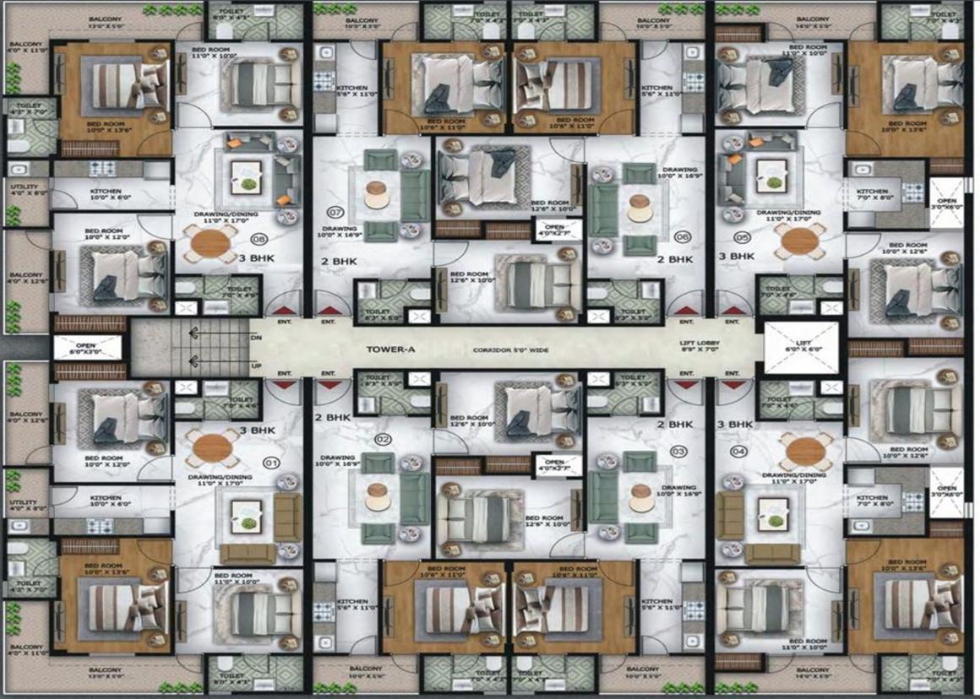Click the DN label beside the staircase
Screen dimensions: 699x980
[255, 338]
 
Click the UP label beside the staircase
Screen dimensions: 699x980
[255, 365]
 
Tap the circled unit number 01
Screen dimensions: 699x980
[272, 463]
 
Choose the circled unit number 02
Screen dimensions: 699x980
[383, 439]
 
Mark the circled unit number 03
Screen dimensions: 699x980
[678, 452]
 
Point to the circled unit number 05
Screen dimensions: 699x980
[742, 237]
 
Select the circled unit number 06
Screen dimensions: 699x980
[683, 236]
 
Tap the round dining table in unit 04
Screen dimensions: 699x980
[801, 453]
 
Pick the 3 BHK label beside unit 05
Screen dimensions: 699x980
[735, 255]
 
